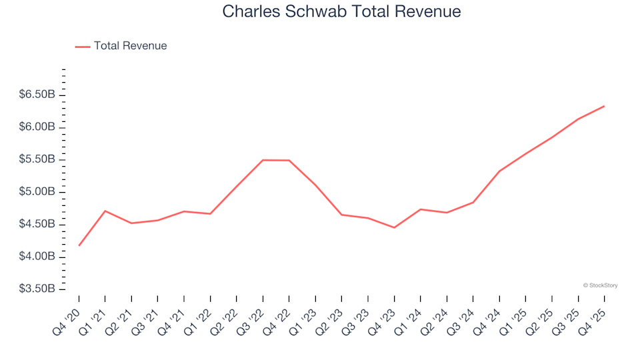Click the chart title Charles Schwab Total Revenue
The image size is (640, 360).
pos(341,12)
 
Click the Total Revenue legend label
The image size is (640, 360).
pos(130,46)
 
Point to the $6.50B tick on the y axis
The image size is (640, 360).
pos(37,95)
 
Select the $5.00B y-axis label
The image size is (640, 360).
pos(37,192)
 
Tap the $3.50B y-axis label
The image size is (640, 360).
pos(37,289)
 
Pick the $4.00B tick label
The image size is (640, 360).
pos(37,257)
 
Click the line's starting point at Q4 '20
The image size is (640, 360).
pos(79,245)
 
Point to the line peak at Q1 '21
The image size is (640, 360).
pos(105,211)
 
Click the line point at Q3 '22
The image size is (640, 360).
pos(263,160)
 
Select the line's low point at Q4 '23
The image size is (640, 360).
pos(394,227)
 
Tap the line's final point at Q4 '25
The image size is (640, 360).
pos(604,106)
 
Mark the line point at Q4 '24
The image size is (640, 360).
pos(499,171)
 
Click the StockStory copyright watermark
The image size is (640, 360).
pos(600,285)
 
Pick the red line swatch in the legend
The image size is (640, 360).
pos(83,47)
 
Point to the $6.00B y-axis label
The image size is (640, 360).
pos(37,127)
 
